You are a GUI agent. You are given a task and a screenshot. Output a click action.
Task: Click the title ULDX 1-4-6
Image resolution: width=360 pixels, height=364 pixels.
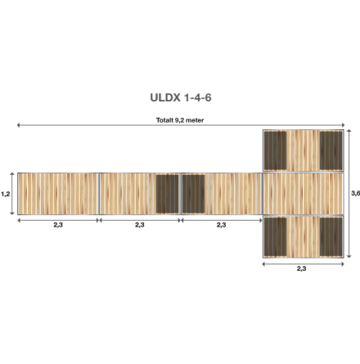coord(181,97)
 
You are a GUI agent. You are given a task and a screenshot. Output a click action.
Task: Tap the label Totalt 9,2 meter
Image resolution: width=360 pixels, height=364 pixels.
coord(180,120)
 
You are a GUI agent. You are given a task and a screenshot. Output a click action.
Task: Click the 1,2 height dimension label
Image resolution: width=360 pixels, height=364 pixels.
coord(5,194)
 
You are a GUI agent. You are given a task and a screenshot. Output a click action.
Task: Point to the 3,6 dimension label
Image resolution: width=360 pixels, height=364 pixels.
coord(356,193)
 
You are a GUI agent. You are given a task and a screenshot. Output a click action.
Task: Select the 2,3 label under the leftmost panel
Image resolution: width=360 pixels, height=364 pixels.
coord(58,225)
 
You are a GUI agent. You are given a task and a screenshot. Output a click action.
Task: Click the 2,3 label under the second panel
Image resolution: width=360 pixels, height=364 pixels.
coord(140,225)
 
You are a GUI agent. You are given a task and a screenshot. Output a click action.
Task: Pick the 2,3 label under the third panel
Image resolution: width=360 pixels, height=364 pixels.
coord(221,225)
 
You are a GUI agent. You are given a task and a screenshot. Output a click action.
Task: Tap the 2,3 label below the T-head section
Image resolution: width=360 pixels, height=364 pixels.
coord(301,268)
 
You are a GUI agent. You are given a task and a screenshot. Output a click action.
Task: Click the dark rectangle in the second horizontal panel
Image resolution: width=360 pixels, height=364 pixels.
coord(167,194)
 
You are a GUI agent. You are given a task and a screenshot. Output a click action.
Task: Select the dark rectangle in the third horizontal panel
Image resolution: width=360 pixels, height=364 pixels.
coord(193,194)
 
